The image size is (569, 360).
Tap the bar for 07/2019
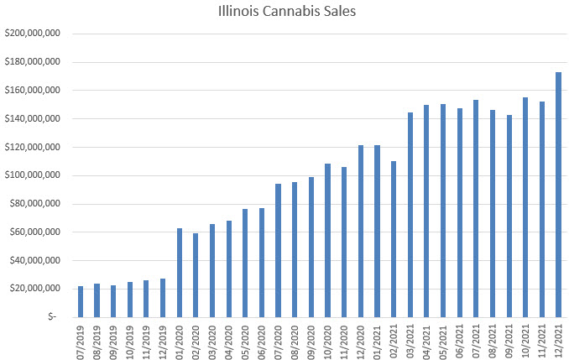coord(81,301)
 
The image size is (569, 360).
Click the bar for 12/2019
coord(163,298)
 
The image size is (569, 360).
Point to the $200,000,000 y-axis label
coord(32,34)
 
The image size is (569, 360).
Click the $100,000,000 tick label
coord(32,175)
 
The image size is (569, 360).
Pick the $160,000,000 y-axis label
coord(32,91)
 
